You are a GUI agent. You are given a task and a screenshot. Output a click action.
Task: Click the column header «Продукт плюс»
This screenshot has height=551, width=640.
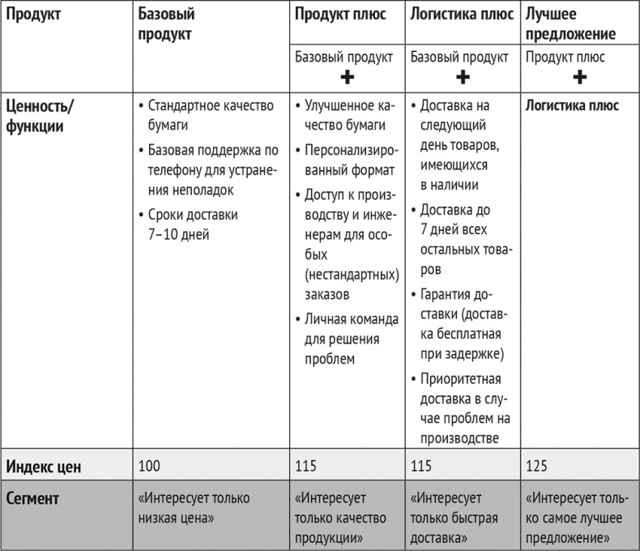point(340,15)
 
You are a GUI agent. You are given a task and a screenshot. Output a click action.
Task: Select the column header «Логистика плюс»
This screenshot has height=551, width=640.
point(459,15)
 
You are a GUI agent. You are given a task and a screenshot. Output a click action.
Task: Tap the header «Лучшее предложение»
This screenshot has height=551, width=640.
point(570,24)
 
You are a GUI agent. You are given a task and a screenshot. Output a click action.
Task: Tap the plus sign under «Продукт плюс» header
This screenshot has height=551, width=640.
point(347,78)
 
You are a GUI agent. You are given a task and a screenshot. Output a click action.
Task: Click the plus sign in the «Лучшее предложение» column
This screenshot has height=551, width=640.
point(579,78)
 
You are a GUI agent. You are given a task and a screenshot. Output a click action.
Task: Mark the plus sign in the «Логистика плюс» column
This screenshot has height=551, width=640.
point(463,78)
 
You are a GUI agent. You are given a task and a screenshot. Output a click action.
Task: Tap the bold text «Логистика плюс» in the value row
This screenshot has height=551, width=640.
point(572,105)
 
